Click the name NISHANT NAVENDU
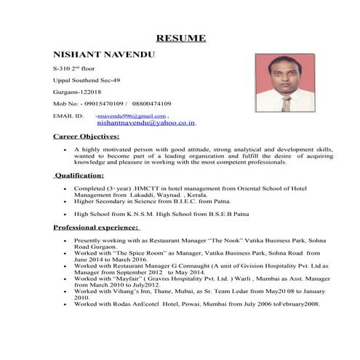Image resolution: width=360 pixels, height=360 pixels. point(95,55)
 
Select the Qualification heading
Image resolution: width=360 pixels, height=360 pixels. point(80,175)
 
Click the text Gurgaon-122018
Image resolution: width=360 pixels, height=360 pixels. point(77,92)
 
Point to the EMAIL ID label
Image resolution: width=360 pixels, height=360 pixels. point(68,116)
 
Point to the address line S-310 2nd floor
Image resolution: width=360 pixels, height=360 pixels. point(74,68)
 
